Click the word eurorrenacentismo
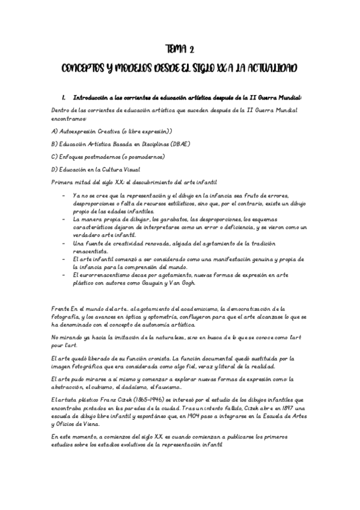tap(97, 273)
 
